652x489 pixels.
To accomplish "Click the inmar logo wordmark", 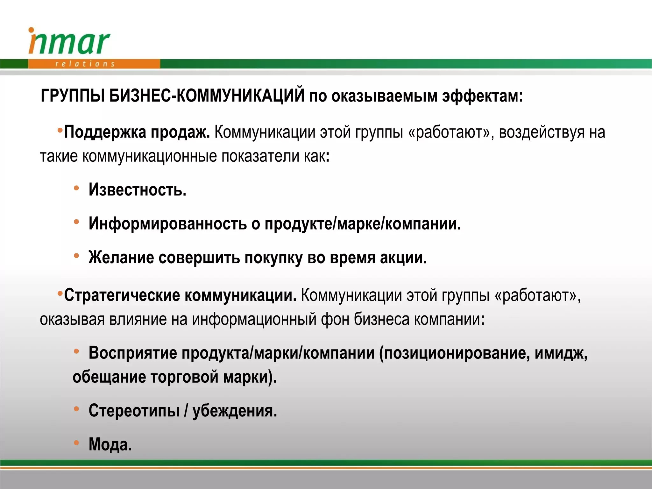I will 69,43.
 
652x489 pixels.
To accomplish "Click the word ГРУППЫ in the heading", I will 73,96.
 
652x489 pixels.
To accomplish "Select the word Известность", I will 137,190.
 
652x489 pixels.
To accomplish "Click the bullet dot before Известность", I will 76,188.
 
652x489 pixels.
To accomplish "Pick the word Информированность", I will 167,223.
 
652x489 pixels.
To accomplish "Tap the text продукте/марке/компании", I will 363,224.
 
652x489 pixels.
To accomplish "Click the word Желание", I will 121,257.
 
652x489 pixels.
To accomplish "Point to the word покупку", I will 273,258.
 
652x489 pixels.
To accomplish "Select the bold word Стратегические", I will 122,295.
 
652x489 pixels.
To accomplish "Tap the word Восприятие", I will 132,353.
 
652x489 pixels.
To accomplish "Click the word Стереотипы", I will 134,411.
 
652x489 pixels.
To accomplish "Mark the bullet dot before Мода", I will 76,443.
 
